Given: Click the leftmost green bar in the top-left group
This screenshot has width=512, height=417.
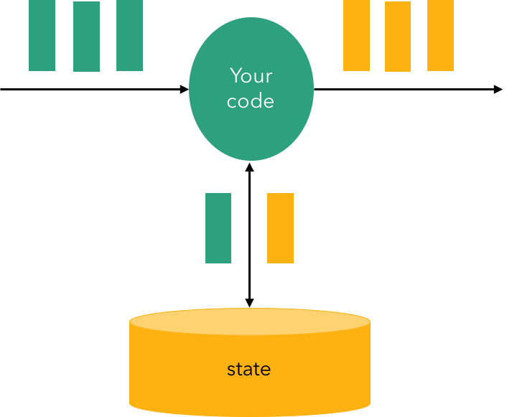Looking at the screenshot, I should [42, 35].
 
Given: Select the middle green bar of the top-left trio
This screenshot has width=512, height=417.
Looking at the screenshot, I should [86, 37].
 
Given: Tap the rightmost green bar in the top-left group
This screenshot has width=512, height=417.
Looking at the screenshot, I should [129, 35].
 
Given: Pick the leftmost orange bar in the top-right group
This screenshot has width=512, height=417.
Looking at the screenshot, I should [356, 35].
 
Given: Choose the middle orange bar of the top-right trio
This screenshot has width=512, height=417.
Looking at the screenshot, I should [398, 37].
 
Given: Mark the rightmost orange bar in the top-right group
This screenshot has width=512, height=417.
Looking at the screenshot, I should [440, 35].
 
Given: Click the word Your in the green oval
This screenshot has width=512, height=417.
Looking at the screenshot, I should [251, 75].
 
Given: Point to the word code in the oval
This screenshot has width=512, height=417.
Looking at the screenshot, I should [251, 100].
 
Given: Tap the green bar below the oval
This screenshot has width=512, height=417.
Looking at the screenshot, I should [218, 228].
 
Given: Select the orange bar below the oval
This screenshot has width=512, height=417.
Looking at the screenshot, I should [280, 228].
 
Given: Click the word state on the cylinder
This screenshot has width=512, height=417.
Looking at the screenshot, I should [249, 370].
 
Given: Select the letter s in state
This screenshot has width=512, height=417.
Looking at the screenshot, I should [231, 370].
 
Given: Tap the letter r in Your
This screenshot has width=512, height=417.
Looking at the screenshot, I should [269, 77].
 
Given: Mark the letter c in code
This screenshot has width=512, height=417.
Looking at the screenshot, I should [231, 101].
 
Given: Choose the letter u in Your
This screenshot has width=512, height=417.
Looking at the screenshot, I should [259, 77].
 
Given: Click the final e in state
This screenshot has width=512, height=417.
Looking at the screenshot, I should [266, 370].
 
